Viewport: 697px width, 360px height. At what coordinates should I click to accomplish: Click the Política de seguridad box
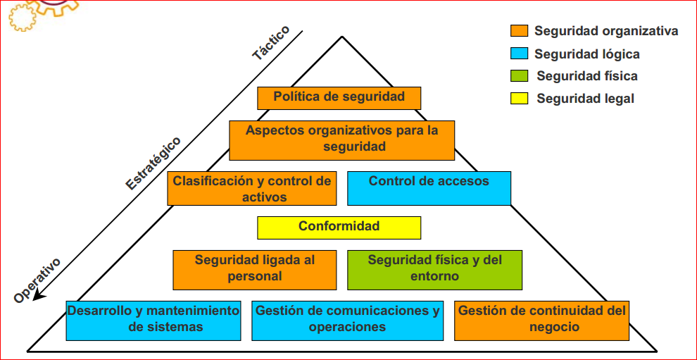(339, 97)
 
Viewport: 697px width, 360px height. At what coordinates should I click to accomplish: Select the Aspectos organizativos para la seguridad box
(341, 139)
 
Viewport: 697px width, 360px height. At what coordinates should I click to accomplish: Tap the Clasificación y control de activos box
(251, 188)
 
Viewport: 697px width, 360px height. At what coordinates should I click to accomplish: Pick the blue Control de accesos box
(429, 187)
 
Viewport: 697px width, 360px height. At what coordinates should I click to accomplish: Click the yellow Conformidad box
(339, 227)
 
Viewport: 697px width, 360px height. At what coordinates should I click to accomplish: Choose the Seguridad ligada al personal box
(254, 268)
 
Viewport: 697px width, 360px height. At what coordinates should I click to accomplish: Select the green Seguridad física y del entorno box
(434, 268)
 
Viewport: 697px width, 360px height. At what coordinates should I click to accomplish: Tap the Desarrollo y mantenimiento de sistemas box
(153, 319)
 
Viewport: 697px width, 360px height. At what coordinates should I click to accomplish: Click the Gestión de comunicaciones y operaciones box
(347, 319)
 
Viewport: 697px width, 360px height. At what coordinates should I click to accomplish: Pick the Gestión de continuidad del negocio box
(541, 319)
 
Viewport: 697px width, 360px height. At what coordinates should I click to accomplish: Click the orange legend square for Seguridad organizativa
(519, 31)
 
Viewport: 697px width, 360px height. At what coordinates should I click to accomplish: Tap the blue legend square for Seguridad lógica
(519, 54)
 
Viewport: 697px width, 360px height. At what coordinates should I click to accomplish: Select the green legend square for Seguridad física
(519, 76)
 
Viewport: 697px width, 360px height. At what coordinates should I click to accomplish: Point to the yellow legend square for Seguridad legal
(519, 99)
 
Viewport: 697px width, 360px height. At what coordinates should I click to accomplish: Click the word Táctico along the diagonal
(271, 44)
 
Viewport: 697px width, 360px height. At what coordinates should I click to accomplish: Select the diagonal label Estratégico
(153, 163)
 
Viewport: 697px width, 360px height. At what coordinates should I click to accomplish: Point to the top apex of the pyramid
(343, 37)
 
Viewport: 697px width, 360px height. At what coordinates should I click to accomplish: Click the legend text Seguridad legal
(585, 99)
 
